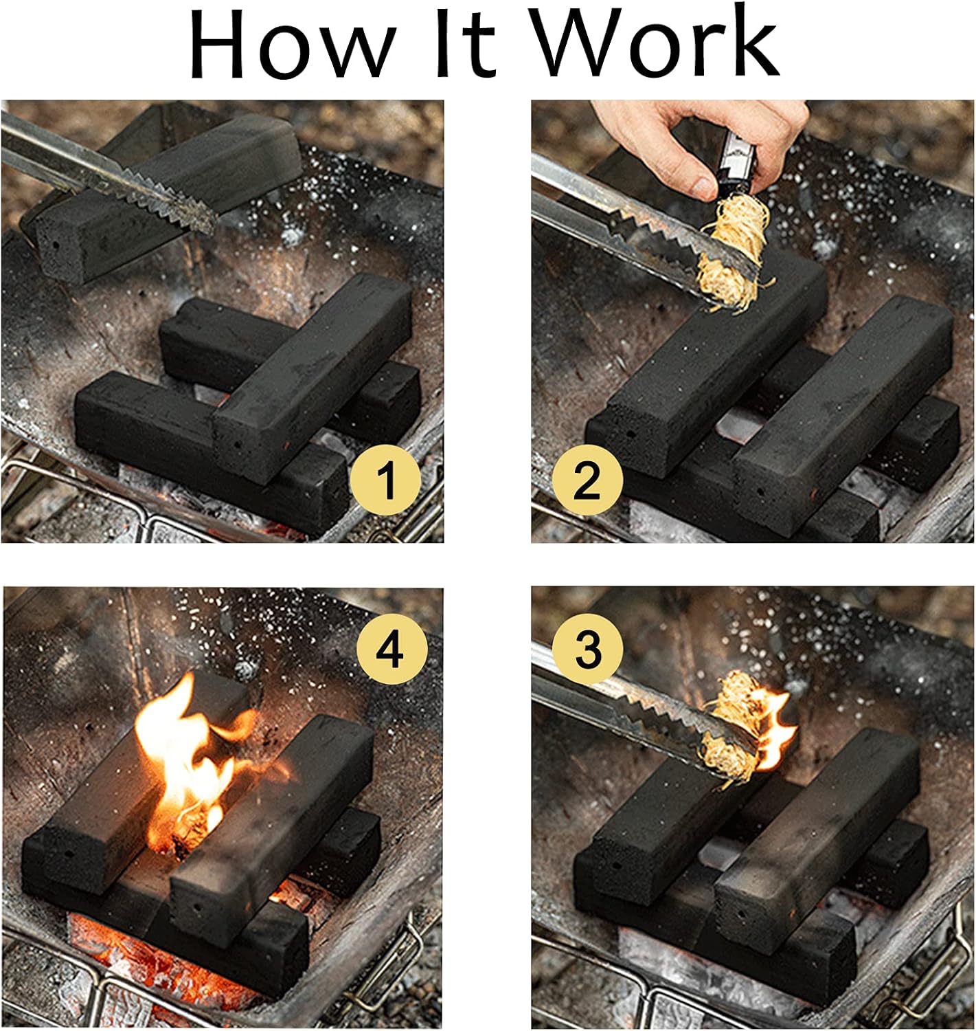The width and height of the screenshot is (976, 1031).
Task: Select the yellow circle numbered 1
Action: tap(385, 480)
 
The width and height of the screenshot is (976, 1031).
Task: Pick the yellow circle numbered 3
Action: tap(588, 649)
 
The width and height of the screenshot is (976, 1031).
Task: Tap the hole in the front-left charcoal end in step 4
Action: tap(68, 855)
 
